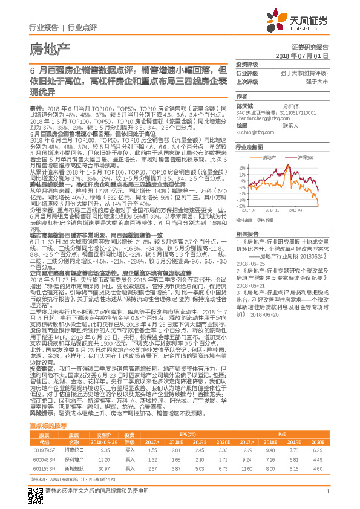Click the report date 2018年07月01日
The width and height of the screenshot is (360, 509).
point(306,55)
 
